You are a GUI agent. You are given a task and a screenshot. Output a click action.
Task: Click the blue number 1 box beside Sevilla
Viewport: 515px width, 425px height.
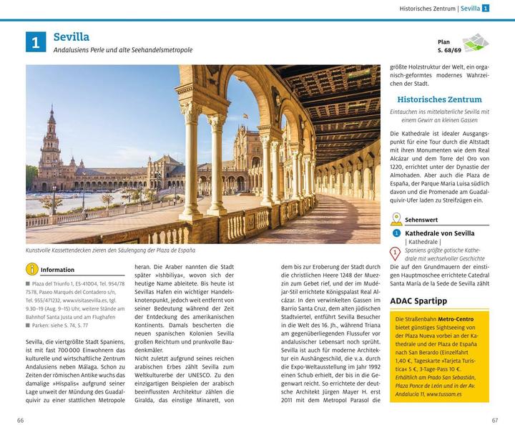click(36, 42)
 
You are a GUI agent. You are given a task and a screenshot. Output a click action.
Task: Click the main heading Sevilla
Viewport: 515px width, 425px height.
click(71, 36)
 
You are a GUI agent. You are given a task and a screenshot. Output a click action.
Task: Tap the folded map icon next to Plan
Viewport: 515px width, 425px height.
click(474, 43)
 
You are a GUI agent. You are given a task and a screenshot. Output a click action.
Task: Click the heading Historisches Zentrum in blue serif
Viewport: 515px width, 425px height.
click(439, 99)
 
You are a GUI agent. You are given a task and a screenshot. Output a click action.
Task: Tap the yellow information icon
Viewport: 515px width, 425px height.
click(31, 270)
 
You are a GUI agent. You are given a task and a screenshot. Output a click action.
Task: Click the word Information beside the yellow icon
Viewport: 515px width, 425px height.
click(57, 270)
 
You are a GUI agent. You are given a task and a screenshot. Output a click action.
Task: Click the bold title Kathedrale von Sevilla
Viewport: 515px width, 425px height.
click(439, 233)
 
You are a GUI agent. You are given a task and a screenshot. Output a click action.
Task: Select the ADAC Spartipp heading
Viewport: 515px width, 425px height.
click(419, 301)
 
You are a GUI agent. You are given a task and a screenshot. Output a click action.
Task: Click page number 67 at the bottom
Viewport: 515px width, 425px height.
click(494, 419)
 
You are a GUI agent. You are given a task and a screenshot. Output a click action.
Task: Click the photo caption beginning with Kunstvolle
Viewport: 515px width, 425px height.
click(110, 250)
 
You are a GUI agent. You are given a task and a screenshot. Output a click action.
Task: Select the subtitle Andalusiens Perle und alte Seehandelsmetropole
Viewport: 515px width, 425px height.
click(122, 50)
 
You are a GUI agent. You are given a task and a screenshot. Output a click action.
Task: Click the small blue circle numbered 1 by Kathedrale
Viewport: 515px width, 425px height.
click(396, 233)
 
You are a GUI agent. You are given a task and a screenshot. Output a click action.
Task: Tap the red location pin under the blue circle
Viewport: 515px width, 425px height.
click(394, 253)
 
